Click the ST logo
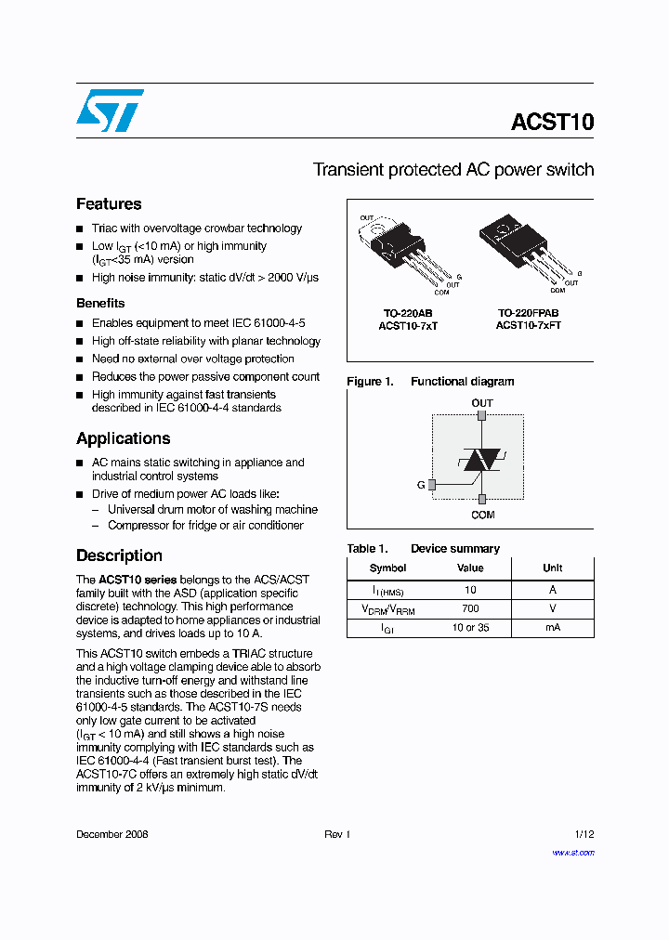tap(110, 111)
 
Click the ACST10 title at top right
tap(552, 123)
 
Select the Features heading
tap(109, 204)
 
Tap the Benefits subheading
tap(100, 303)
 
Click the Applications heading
tap(123, 438)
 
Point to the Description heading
tap(119, 555)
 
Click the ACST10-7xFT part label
tap(528, 326)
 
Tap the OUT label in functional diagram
tap(482, 403)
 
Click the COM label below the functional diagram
tap(482, 515)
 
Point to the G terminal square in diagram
tap(431, 485)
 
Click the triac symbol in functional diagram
tap(482, 459)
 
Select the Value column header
tap(470, 568)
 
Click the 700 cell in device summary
tap(470, 608)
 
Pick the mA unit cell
tap(552, 627)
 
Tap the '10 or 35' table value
tap(470, 627)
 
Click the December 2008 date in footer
tap(111, 834)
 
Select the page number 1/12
tap(584, 834)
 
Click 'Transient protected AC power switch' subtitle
tap(453, 170)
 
